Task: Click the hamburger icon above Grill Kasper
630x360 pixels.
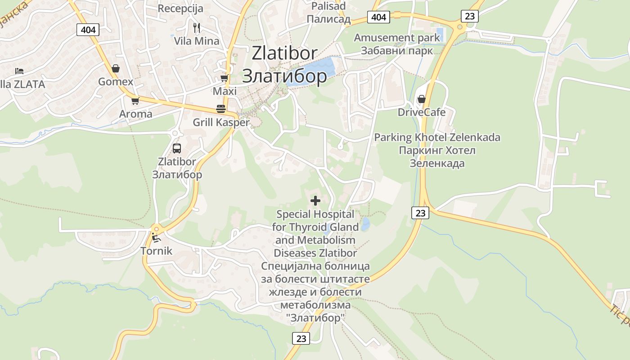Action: tap(220, 109)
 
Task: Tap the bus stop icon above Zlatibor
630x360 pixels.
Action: tap(177, 148)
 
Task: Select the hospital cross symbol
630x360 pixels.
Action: tap(315, 201)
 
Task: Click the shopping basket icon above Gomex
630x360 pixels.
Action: tap(116, 68)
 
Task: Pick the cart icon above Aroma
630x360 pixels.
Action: tap(135, 101)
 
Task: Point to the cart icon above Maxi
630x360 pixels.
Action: tap(224, 78)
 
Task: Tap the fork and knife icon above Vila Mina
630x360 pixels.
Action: tap(196, 28)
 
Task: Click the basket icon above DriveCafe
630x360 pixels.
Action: tap(422, 99)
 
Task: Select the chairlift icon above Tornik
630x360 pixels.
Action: tap(156, 237)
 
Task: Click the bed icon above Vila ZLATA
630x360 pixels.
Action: tap(19, 71)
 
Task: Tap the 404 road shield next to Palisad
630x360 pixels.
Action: tap(379, 17)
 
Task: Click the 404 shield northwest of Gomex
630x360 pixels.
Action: tap(88, 30)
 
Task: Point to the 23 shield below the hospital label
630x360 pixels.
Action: tap(301, 338)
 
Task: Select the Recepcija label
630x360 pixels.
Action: tap(180, 8)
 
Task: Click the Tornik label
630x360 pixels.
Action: tap(157, 251)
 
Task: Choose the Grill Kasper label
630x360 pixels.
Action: tap(221, 122)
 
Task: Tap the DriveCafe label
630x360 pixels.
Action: tap(422, 112)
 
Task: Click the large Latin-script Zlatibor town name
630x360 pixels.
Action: tap(284, 53)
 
